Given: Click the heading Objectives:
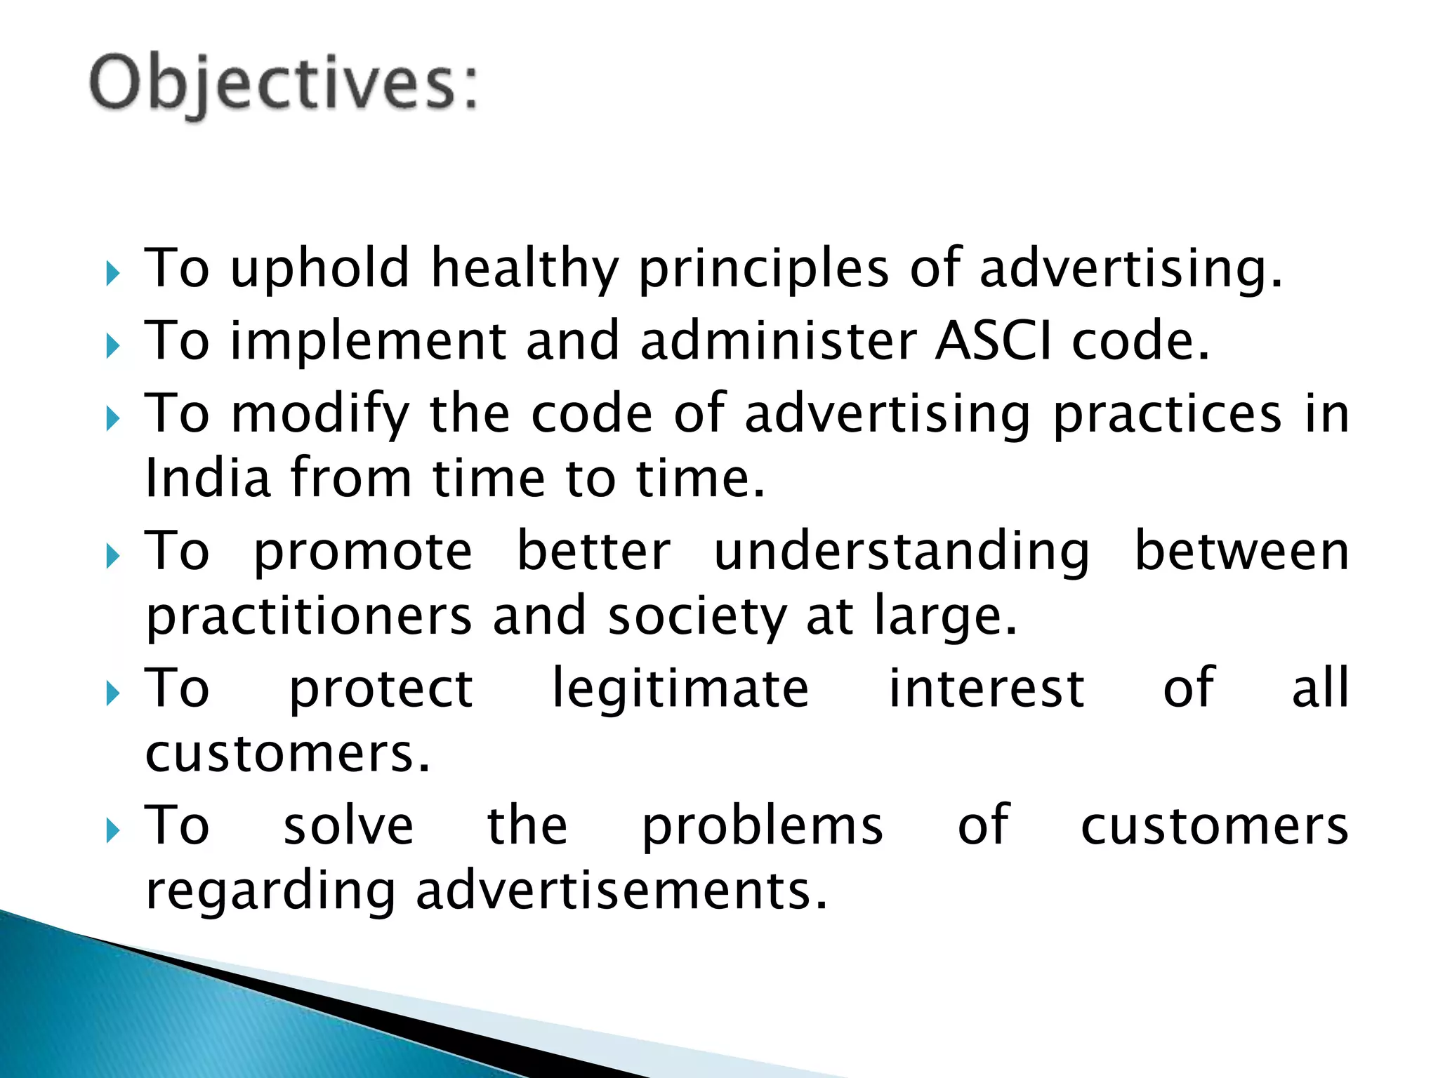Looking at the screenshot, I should tap(284, 84).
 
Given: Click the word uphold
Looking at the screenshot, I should tap(319, 268).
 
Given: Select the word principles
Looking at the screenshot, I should tap(764, 268).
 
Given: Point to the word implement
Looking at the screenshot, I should tap(368, 340).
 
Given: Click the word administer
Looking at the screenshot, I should tap(778, 340).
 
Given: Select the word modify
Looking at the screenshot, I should tap(320, 414).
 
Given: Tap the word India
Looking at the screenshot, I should tap(208, 478).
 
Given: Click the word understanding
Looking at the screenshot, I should tap(902, 551).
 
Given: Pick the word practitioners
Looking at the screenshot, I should tap(309, 616).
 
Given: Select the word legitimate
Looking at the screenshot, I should tap(680, 688).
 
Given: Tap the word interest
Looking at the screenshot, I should tap(987, 688).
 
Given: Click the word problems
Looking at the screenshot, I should tap(763, 825).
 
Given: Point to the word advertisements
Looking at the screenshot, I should tap(621, 891).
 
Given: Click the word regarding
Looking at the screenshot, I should tap(270, 891).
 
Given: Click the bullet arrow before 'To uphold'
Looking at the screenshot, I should tap(113, 274).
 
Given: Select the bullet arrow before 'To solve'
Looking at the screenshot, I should tap(113, 832).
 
